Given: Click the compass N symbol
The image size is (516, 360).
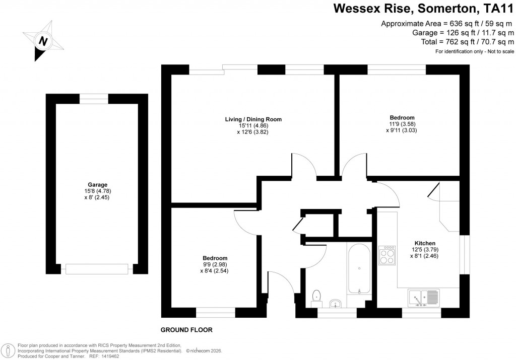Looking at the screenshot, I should (44, 41).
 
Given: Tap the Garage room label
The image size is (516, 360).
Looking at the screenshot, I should (97, 185).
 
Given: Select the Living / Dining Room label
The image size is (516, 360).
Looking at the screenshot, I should (253, 119).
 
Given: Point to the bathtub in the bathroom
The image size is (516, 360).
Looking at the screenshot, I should (359, 268).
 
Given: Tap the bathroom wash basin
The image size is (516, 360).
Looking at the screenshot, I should (336, 304).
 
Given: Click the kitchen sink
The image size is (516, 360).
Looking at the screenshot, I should (424, 298).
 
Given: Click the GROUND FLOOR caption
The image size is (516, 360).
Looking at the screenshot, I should (186, 330).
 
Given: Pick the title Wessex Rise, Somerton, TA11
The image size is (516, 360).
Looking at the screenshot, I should (424, 9).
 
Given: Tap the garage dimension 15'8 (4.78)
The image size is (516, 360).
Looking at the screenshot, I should (97, 191).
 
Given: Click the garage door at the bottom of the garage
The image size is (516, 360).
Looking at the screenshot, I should (97, 269).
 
